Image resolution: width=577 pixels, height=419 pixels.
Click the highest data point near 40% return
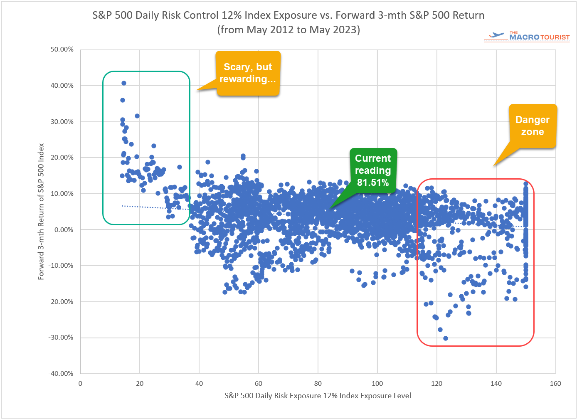pyautogui.click(x=123, y=83)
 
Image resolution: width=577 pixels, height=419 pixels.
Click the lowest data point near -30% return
pyautogui.click(x=446, y=338)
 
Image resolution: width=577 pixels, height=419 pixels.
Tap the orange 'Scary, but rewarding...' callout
pyautogui.click(x=248, y=73)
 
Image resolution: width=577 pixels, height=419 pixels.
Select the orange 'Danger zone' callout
pyautogui.click(x=532, y=126)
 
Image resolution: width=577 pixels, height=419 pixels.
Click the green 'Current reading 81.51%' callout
pyautogui.click(x=373, y=170)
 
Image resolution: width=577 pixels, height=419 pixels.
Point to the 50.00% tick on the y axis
pyautogui.click(x=62, y=49)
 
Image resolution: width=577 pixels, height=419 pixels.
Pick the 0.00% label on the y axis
pyautogui.click(x=64, y=229)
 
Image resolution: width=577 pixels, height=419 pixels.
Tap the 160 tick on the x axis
pyautogui.click(x=555, y=384)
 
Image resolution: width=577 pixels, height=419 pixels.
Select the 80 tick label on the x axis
pyautogui.click(x=318, y=384)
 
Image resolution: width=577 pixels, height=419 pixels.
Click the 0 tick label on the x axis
pyautogui.click(x=80, y=384)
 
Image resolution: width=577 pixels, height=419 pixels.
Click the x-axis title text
pyautogui.click(x=318, y=396)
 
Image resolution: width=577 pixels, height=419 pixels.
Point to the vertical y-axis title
pyautogui.click(x=41, y=212)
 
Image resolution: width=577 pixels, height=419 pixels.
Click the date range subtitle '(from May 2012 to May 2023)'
pyautogui.click(x=288, y=30)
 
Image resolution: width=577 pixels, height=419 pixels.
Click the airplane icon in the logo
pyautogui.click(x=497, y=36)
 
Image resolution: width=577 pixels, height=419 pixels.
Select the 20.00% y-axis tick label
pyautogui.click(x=62, y=158)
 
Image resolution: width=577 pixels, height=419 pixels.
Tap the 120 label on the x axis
pyautogui.click(x=436, y=384)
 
